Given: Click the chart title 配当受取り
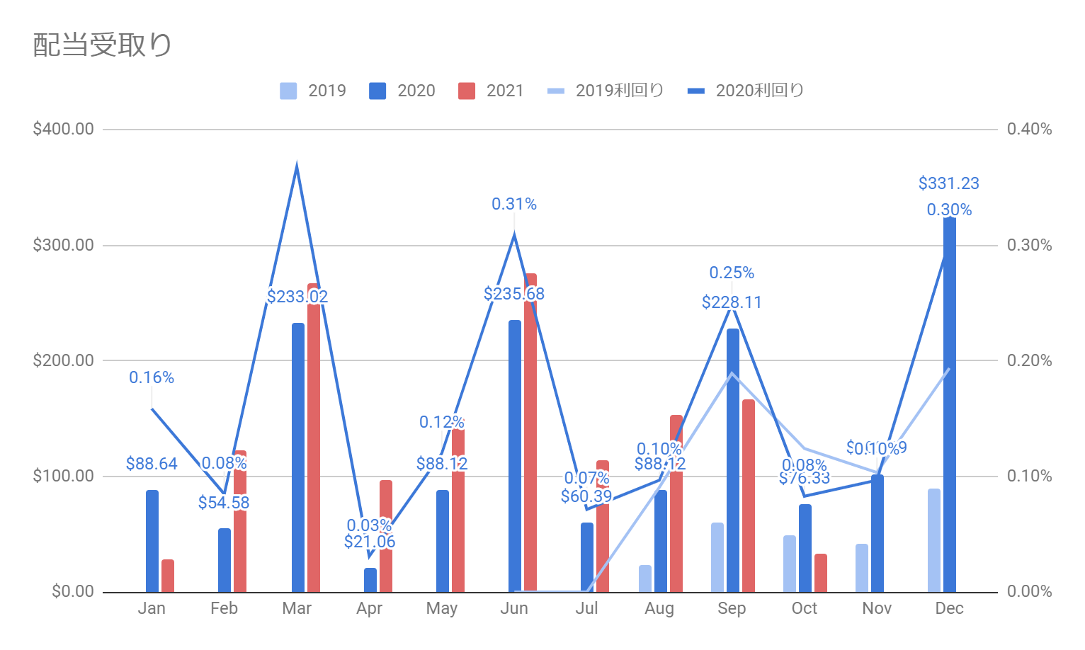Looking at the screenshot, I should click(x=103, y=45).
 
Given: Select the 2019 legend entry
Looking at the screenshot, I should click(x=313, y=91).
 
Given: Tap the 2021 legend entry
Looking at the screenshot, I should click(x=491, y=91).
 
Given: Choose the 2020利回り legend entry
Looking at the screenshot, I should click(x=746, y=91).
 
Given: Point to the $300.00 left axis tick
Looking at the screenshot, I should click(x=63, y=245).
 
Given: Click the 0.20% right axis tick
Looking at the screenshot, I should click(x=1029, y=360).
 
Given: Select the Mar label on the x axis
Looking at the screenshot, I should click(x=297, y=608).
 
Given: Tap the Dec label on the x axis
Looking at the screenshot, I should click(x=949, y=608).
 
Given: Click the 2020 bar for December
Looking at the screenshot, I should click(x=949, y=404).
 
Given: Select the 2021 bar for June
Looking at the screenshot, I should click(x=530, y=432).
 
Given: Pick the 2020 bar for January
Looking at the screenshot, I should click(x=152, y=541).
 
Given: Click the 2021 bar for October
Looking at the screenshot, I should click(x=821, y=573).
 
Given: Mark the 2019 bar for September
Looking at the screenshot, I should click(x=717, y=557).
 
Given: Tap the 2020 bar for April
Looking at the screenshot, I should click(x=370, y=580).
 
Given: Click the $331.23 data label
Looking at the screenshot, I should click(x=948, y=183).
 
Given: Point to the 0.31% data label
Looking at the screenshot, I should click(x=514, y=204).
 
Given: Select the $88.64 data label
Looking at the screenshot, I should click(x=152, y=464).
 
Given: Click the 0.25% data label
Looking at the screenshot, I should click(x=732, y=273).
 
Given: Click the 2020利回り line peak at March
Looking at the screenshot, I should click(x=297, y=166).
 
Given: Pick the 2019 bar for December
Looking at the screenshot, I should click(x=934, y=540).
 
